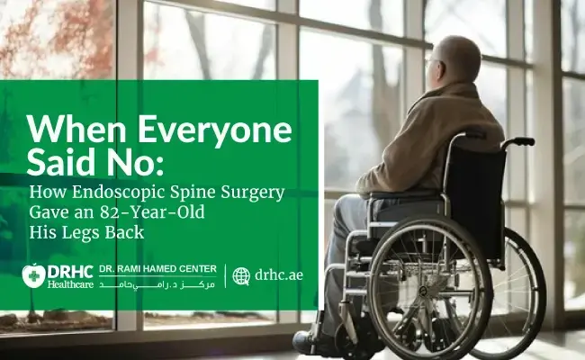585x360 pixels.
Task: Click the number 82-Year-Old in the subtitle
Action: [152, 212]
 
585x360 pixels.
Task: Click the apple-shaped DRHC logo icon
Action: [34, 275]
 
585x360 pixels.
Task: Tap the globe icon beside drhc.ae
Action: [241, 276]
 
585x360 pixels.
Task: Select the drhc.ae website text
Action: [279, 275]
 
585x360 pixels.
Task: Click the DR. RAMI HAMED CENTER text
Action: [157, 269]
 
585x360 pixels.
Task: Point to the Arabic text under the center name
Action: [157, 284]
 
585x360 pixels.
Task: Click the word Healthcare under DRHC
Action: [70, 284]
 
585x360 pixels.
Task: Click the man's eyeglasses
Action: [432, 59]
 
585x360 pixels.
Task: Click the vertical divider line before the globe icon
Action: [225, 276]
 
